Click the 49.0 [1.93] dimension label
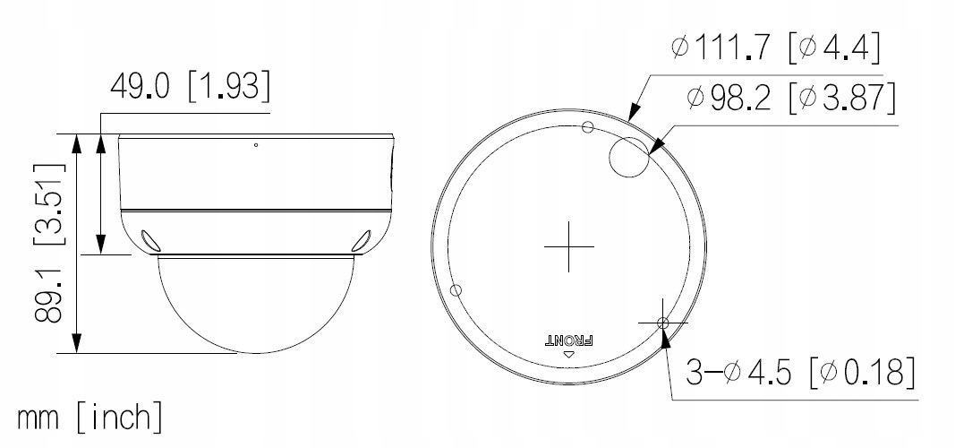[190, 86]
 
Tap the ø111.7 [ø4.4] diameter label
[776, 47]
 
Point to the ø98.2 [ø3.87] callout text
[792, 98]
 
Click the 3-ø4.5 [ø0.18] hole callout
[800, 372]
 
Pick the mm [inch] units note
[90, 418]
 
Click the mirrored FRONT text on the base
[568, 340]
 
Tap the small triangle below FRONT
[569, 354]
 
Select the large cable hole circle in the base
[629, 157]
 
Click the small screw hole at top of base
[588, 126]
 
